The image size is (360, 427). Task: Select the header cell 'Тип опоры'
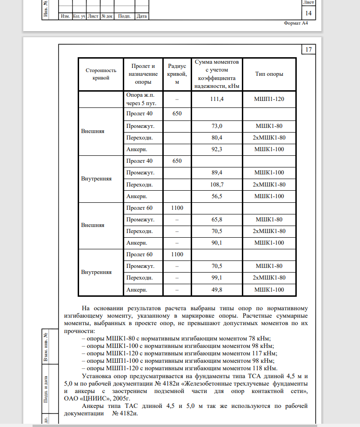tap(269, 74)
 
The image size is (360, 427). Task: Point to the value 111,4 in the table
tap(218, 99)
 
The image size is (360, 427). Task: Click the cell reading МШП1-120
tap(269, 99)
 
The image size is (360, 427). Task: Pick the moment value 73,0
tap(218, 126)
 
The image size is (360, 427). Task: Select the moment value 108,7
tap(218, 184)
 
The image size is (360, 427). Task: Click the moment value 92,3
tap(218, 149)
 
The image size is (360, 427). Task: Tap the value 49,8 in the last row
tap(218, 290)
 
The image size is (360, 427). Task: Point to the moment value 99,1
tap(218, 278)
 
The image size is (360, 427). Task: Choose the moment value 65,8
tap(218, 219)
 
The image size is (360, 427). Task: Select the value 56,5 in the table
tap(218, 196)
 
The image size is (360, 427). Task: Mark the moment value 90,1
tap(218, 243)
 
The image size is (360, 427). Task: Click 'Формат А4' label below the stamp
tap(295, 23)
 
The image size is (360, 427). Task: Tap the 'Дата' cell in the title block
tap(142, 16)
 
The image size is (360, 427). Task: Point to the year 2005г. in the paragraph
tap(120, 398)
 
